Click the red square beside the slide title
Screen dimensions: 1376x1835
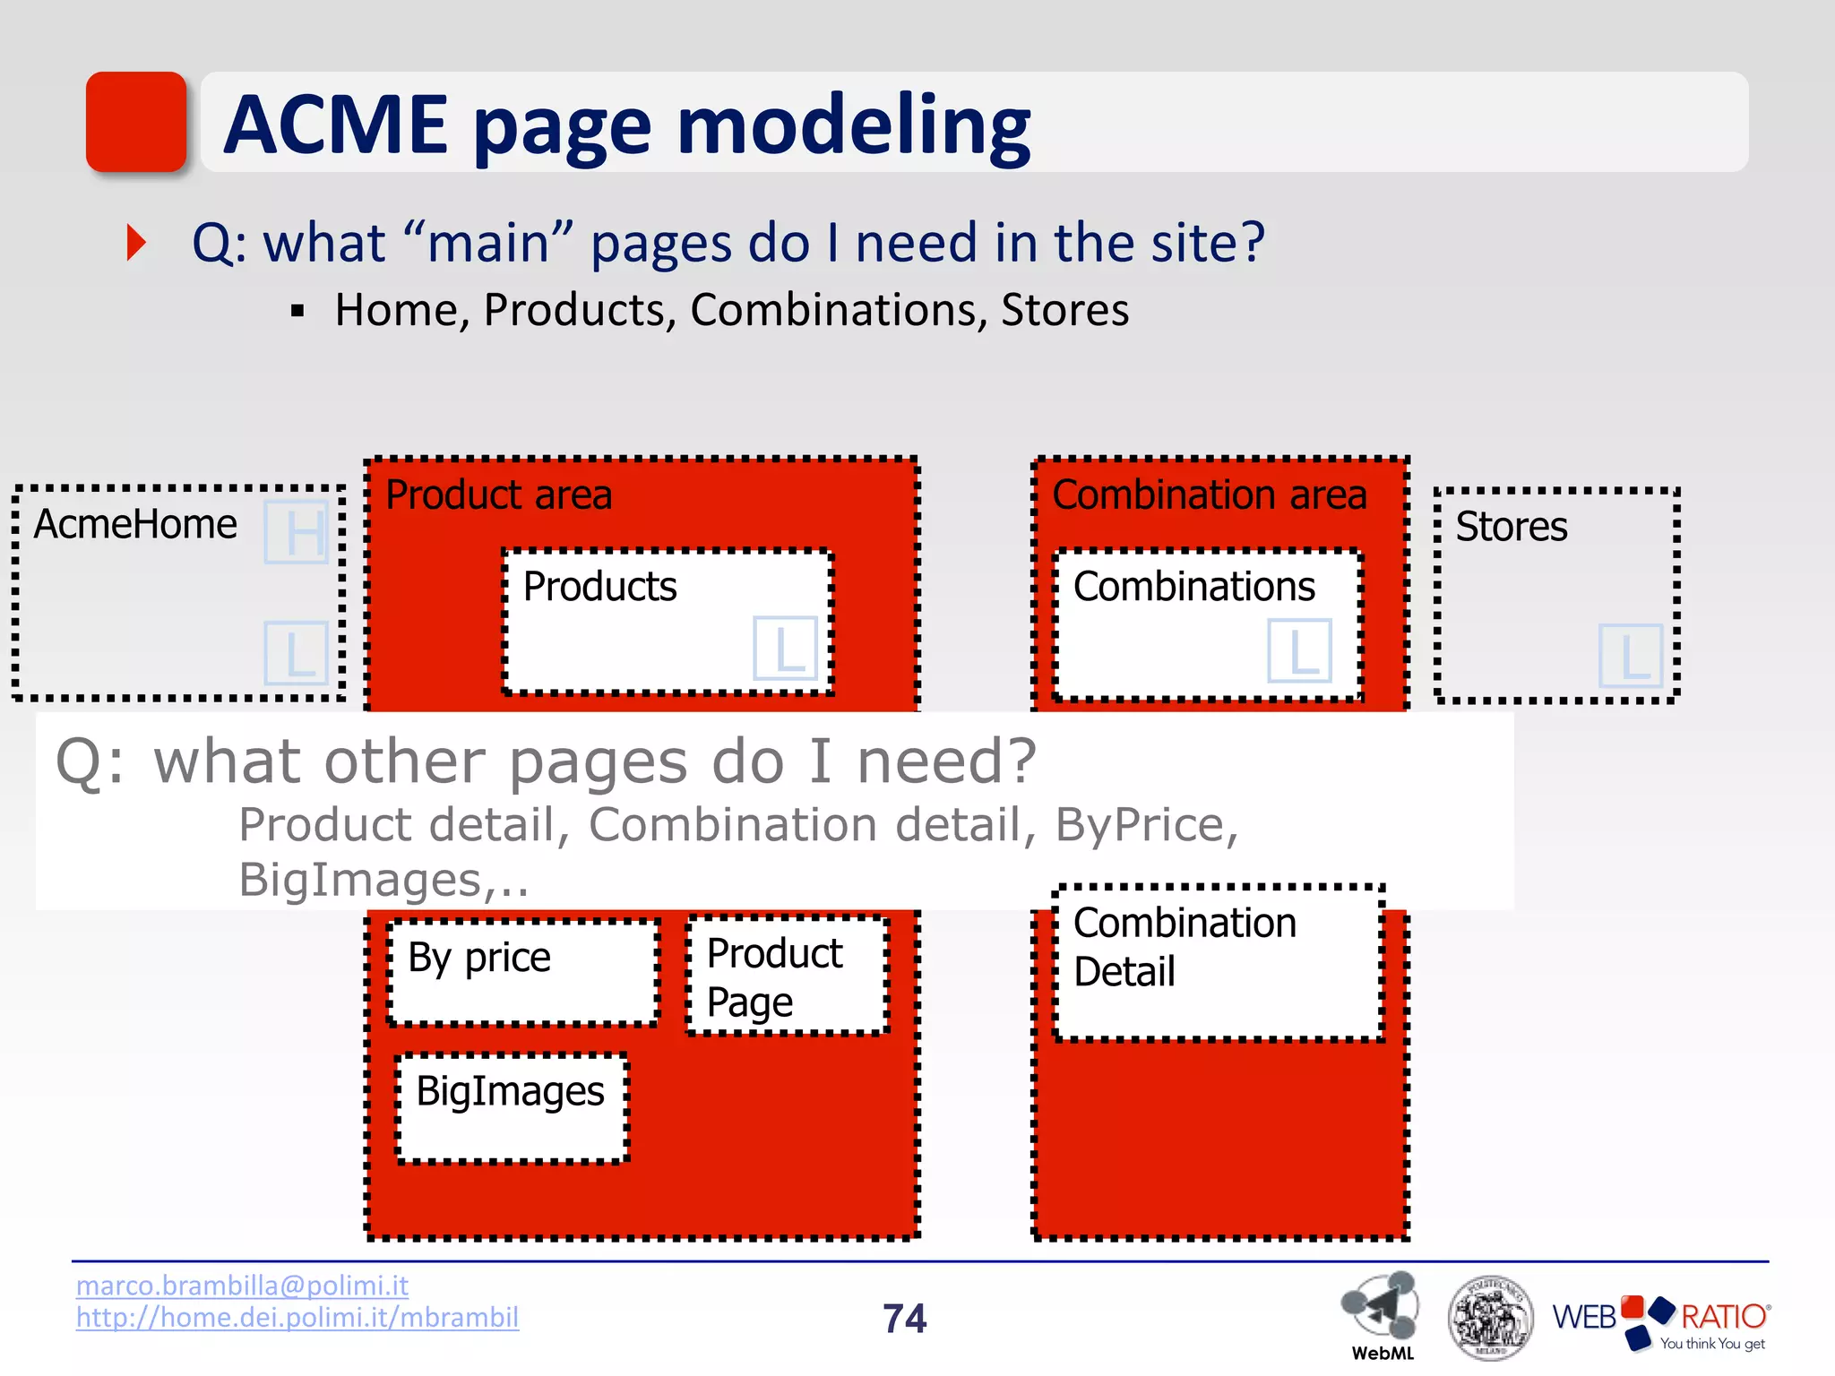[x=135, y=122]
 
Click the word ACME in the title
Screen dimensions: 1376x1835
[x=335, y=125]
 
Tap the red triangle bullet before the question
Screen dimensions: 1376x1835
[x=136, y=243]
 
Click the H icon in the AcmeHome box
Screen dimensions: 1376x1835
[x=297, y=532]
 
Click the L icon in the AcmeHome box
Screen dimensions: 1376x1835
[x=296, y=653]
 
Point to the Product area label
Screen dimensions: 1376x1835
[x=498, y=494]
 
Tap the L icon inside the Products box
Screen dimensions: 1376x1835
[x=785, y=648]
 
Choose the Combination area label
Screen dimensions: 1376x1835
[x=1209, y=494]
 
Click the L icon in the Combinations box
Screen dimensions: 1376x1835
[x=1299, y=651]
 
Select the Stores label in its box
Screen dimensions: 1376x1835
[x=1511, y=526]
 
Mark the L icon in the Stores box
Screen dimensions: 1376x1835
[x=1630, y=656]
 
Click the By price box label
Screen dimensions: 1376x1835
[x=479, y=958]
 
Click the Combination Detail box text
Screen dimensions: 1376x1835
[x=1183, y=947]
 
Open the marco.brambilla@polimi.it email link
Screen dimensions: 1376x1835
[x=242, y=1285]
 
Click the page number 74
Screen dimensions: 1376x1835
[x=904, y=1319]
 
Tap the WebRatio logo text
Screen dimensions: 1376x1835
[x=1659, y=1317]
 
